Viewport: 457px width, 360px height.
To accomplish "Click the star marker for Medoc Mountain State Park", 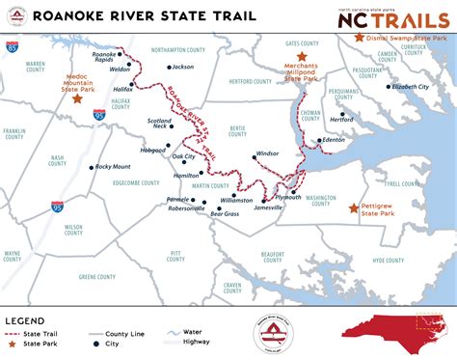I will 77,97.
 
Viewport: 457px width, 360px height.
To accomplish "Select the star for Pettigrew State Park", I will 353,207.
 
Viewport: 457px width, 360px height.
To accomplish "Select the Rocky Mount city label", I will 113,167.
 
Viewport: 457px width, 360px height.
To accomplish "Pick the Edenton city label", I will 333,141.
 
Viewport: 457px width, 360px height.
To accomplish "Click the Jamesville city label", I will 268,208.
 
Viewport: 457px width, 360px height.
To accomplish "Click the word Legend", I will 25,320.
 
